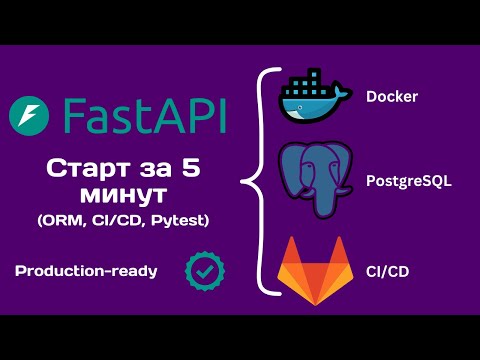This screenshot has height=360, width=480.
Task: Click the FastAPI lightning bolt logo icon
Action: (x=29, y=118)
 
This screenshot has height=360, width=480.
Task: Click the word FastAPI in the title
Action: (x=142, y=117)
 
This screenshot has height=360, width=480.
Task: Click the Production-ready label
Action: (x=86, y=270)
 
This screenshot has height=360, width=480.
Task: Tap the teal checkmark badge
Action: (x=205, y=270)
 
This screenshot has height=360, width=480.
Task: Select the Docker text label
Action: (x=391, y=97)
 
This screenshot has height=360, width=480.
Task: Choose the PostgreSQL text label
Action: (x=407, y=183)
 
